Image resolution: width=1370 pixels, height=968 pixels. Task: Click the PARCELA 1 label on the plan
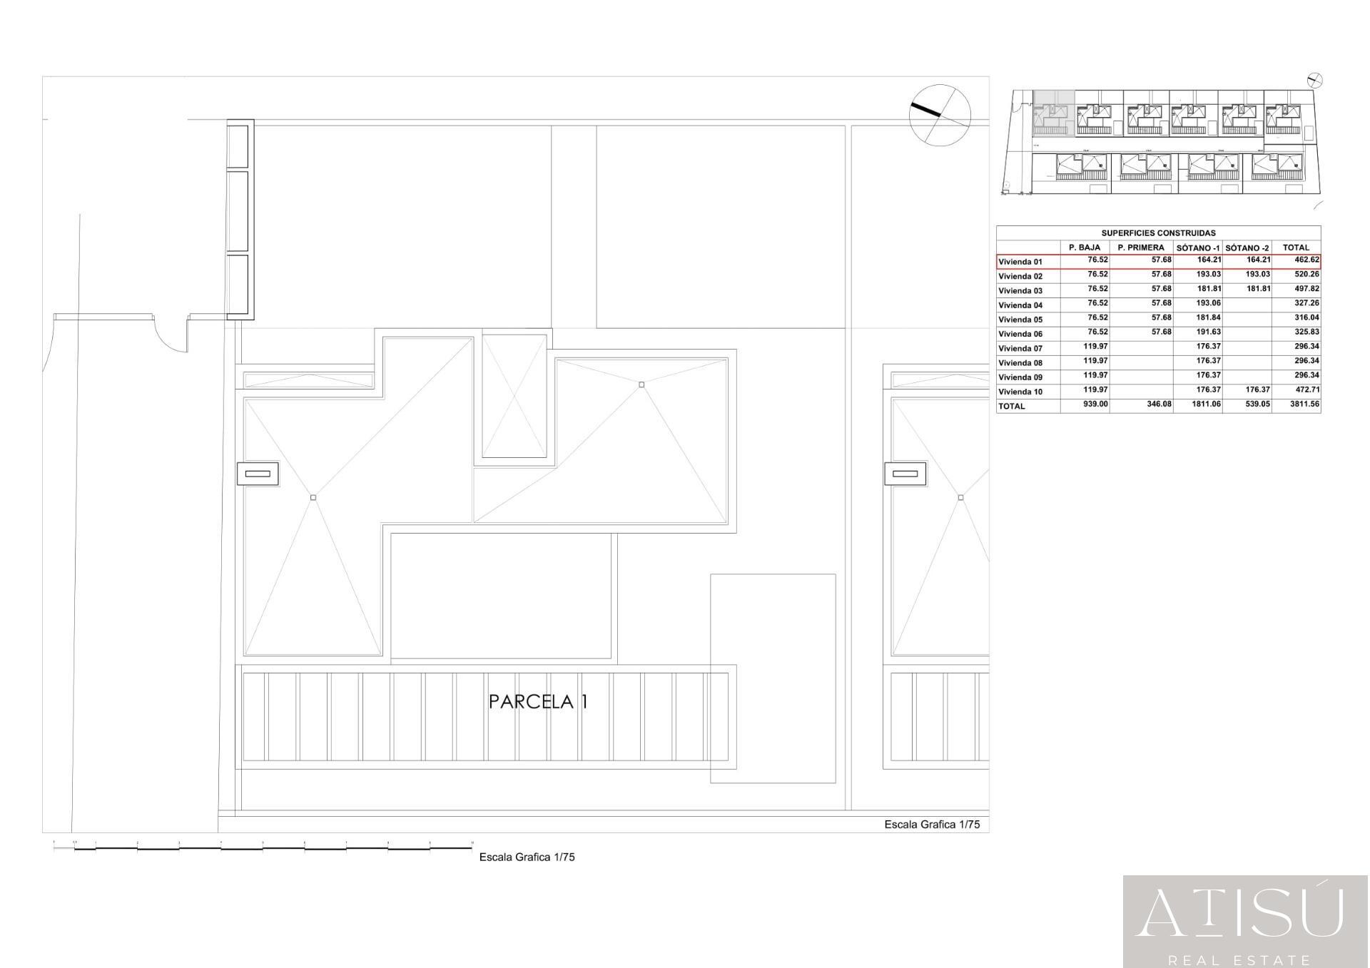pos(538,702)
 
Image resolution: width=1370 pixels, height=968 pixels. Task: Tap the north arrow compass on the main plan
pos(940,115)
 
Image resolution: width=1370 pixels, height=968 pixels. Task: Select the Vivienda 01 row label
pos(1020,262)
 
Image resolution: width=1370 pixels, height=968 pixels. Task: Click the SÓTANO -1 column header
pos(1198,248)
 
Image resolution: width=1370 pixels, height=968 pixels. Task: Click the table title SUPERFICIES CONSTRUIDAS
pos(1158,233)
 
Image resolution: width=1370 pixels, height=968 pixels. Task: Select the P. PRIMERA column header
pos(1141,248)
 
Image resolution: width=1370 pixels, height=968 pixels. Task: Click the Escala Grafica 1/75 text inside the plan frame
pos(932,825)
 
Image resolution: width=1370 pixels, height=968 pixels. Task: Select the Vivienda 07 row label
pos(1020,349)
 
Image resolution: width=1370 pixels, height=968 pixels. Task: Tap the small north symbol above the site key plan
pos(1315,81)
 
